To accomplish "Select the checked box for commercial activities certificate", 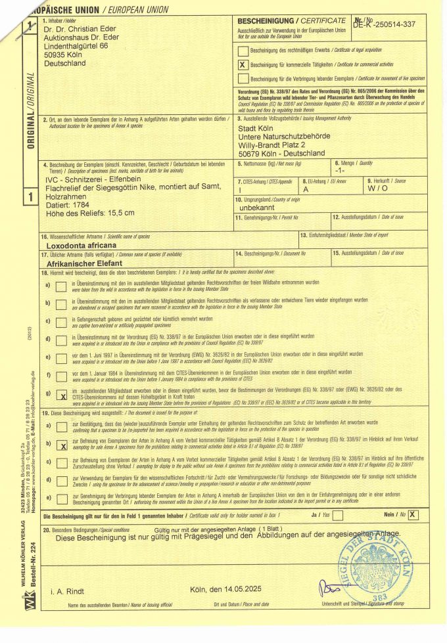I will click(243, 64).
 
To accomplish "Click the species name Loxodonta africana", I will click(87, 244).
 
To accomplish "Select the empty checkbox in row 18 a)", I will click(61, 285).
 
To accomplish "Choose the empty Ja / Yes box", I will click(338, 514).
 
